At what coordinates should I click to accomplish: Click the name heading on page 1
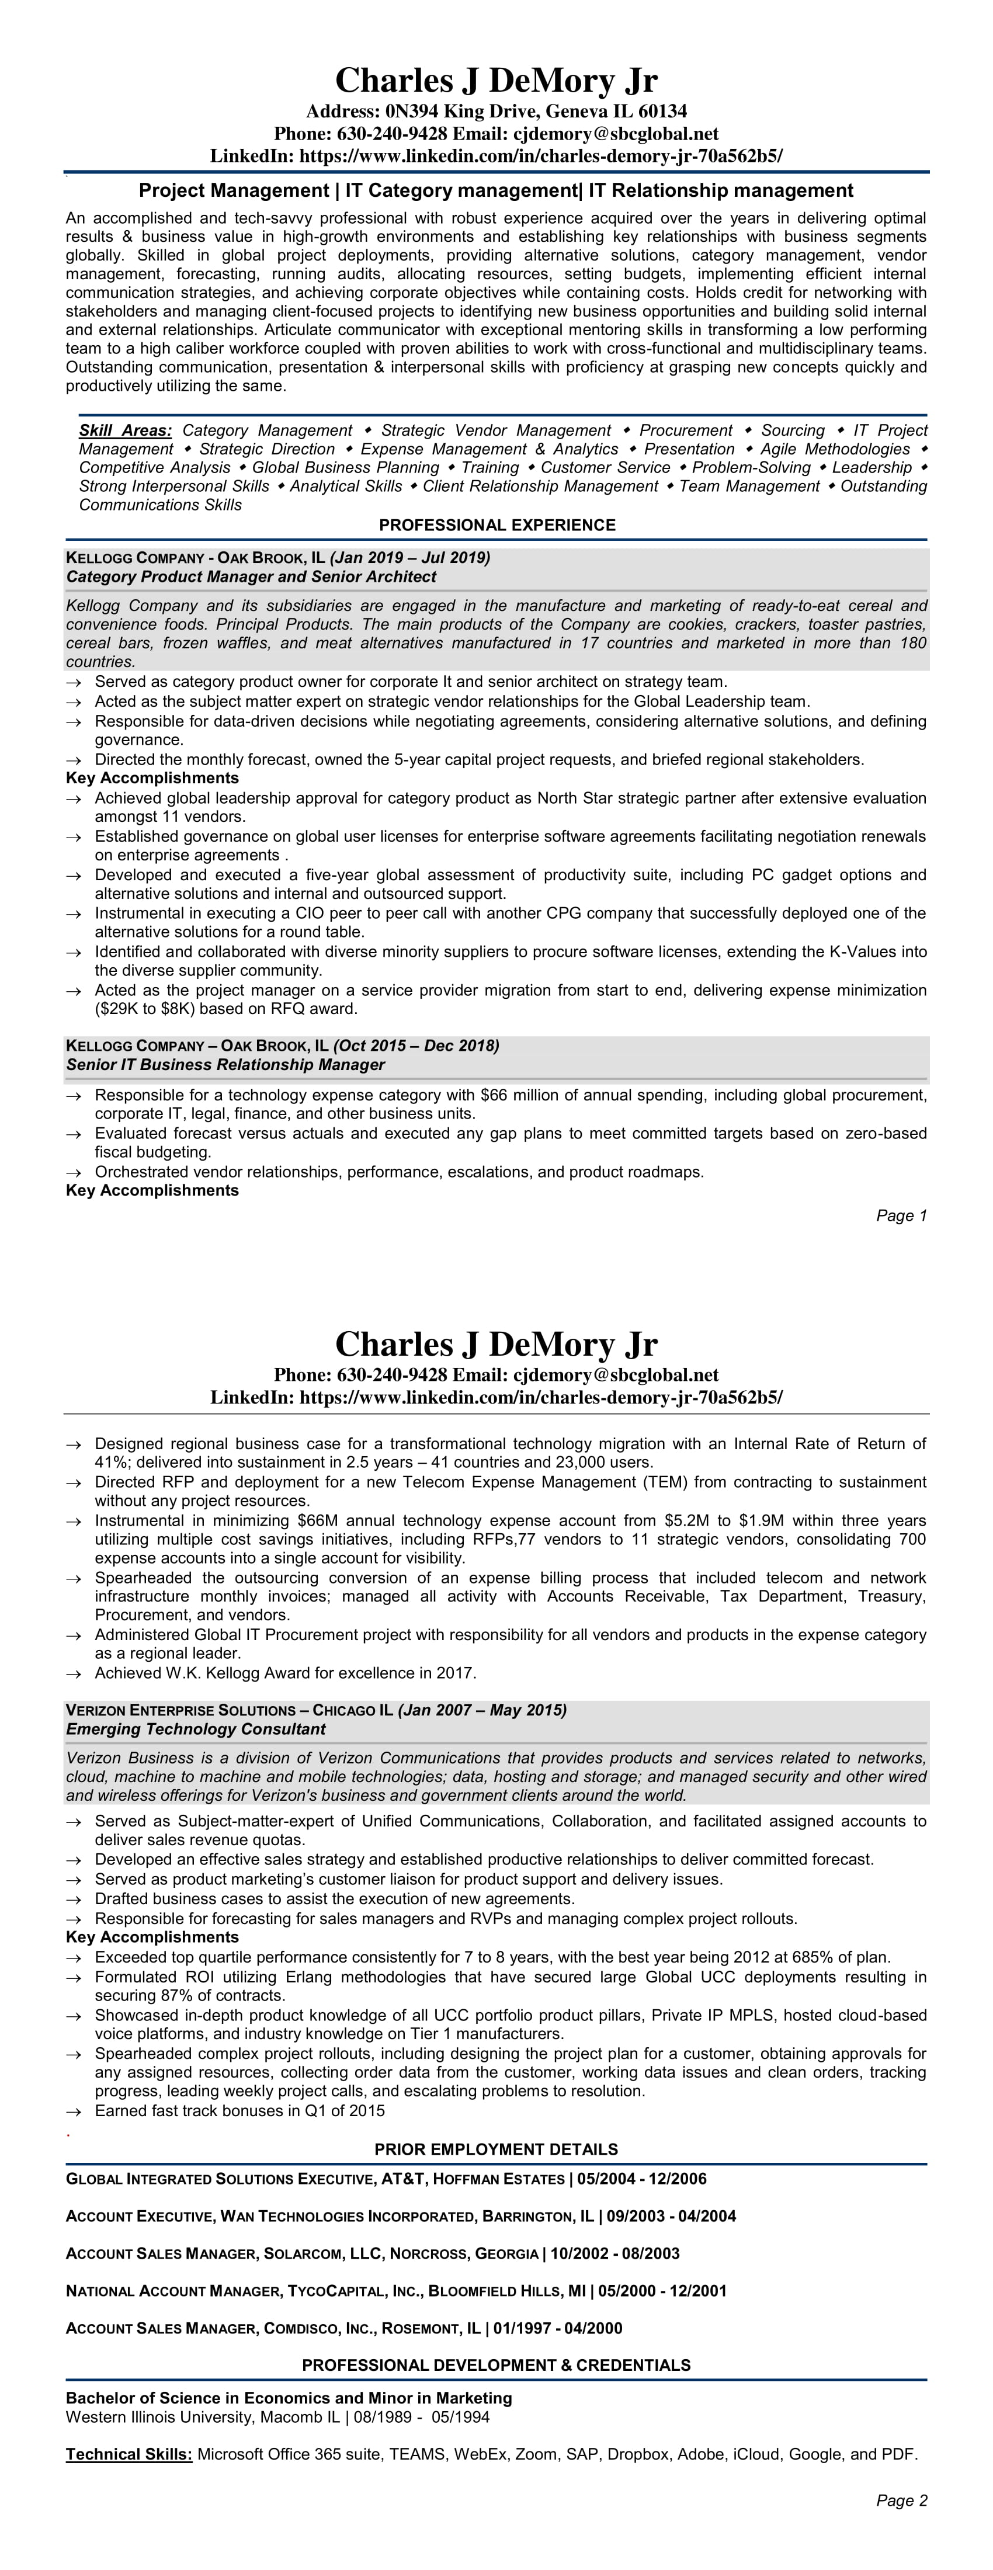(496, 80)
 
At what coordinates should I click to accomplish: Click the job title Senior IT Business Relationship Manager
(225, 1065)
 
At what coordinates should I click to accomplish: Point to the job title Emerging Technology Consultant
(196, 1729)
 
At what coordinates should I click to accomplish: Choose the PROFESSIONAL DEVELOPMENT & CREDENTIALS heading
(496, 2366)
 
